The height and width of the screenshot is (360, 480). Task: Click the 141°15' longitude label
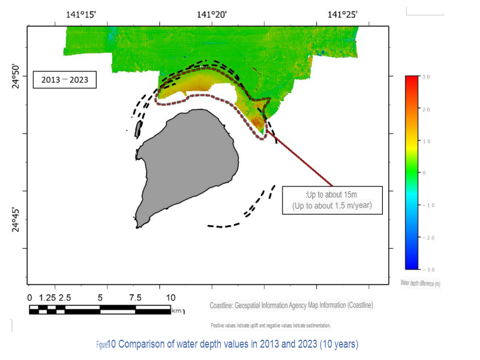coord(81,15)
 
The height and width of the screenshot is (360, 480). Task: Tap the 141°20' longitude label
coord(212,15)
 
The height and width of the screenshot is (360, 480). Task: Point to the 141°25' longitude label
coord(343,15)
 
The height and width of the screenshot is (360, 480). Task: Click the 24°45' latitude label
coord(17,220)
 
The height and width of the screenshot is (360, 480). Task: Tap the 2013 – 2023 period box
coord(64,79)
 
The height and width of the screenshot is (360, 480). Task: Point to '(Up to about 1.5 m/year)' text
coord(332,206)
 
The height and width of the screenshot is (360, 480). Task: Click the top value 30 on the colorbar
coord(426,77)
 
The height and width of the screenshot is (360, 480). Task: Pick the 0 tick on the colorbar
coord(424,173)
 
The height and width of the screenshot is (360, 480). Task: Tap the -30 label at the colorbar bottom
coord(426,270)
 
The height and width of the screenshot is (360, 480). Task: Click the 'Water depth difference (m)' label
coord(421,283)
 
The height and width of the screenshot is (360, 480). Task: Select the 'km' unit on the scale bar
coord(177,310)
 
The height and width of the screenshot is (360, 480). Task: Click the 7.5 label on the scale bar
coord(134,298)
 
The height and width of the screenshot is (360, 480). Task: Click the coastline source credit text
coord(291,305)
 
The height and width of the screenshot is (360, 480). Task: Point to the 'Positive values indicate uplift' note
coord(271,325)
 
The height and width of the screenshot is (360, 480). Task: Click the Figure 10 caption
coord(227,343)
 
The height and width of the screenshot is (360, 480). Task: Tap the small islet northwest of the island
coord(138,129)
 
